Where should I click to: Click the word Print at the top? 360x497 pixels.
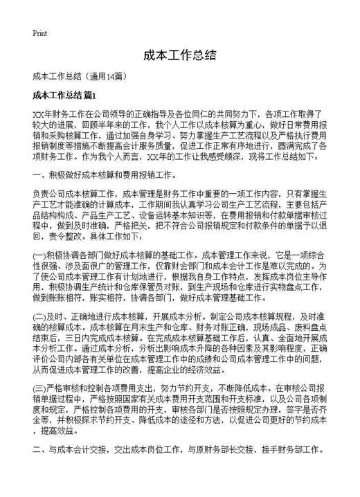tap(39, 33)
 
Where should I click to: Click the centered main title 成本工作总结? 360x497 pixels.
tap(180, 55)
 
